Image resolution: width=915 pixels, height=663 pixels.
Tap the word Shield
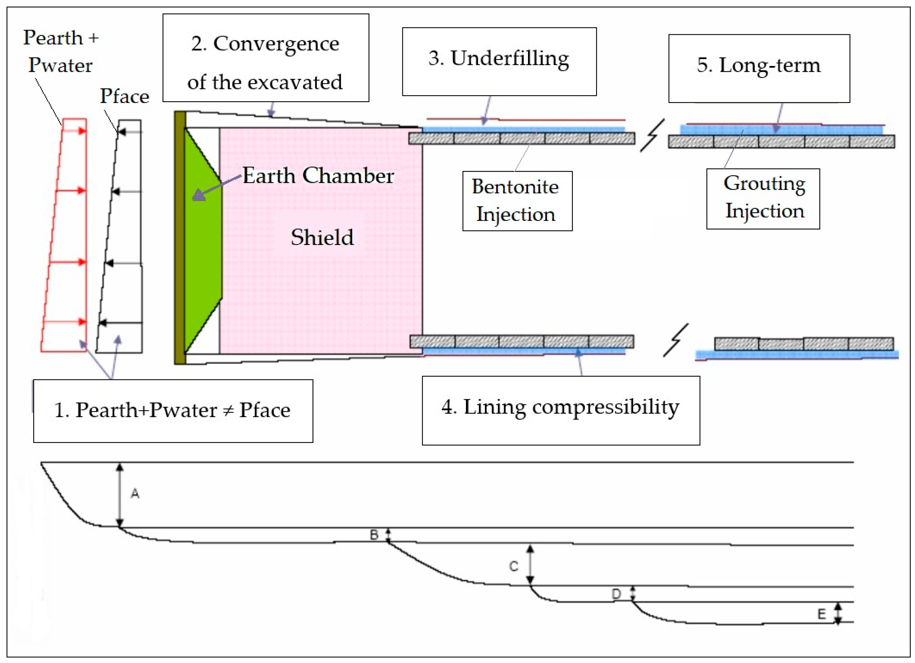tap(322, 237)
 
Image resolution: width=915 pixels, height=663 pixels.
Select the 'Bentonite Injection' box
tap(517, 201)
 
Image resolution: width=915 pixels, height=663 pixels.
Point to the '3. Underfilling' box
tap(499, 61)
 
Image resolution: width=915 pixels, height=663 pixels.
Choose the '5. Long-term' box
tap(759, 68)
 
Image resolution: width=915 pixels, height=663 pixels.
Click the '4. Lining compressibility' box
tap(560, 410)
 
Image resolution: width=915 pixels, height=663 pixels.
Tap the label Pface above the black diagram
tap(124, 96)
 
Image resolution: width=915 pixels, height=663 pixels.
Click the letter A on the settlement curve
tap(135, 493)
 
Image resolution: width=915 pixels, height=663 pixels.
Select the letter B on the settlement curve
tap(374, 535)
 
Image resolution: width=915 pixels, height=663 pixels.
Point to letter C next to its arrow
tap(513, 566)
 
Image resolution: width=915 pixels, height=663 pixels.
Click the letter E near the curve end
tap(821, 614)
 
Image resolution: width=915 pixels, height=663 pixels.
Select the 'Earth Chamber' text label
tap(318, 176)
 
